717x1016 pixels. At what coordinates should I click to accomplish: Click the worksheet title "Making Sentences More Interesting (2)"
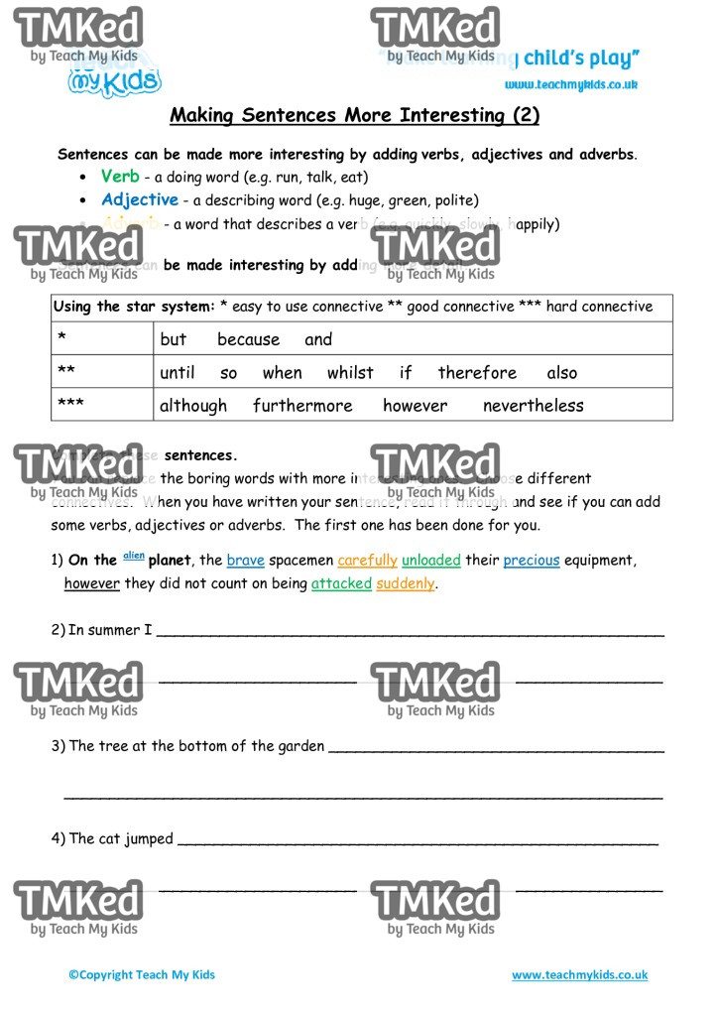(355, 115)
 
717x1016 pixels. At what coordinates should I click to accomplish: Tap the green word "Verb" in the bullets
(120, 177)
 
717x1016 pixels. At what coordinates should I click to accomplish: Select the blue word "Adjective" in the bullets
(139, 199)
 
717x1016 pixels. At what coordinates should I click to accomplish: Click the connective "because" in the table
(248, 339)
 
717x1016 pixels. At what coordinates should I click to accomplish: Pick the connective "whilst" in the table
(350, 373)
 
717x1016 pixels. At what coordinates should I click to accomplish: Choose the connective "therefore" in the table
(477, 373)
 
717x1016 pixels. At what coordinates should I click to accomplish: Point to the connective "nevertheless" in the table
(533, 406)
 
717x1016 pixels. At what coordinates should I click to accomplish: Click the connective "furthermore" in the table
(302, 406)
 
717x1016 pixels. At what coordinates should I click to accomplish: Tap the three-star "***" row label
(70, 405)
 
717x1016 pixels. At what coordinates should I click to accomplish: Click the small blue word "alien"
(133, 556)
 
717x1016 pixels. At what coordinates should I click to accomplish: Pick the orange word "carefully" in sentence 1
(367, 561)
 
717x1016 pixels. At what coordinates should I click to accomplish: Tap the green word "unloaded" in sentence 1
(431, 561)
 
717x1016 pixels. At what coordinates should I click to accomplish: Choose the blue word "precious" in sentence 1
(532, 561)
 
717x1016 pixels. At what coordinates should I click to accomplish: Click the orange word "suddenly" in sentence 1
(406, 583)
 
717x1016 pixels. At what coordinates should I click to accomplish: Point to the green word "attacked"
(341, 583)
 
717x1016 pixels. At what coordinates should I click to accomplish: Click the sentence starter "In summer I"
(110, 629)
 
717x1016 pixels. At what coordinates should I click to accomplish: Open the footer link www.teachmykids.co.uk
(579, 975)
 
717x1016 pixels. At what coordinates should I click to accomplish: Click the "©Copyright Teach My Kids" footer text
(142, 975)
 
